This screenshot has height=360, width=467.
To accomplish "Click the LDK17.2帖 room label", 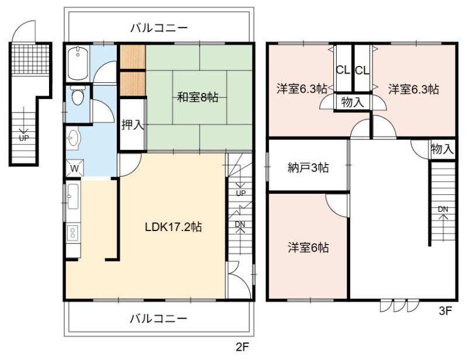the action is pyautogui.click(x=173, y=227).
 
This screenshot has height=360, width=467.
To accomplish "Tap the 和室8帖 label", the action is pyautogui.click(x=197, y=97).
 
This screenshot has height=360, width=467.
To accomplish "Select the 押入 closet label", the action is pyautogui.click(x=133, y=125).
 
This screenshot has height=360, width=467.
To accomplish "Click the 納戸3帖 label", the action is pyautogui.click(x=308, y=168).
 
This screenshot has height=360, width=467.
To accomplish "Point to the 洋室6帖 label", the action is pyautogui.click(x=308, y=248).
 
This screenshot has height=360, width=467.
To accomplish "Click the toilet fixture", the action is pyautogui.click(x=78, y=95).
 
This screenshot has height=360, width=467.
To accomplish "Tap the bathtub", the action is pyautogui.click(x=78, y=63).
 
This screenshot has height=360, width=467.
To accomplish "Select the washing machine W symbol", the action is pyautogui.click(x=75, y=168).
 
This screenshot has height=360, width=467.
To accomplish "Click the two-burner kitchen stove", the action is pyautogui.click(x=72, y=233).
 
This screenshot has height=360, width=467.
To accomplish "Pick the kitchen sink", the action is pyautogui.click(x=73, y=197).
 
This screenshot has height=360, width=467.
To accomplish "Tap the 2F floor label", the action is pyautogui.click(x=242, y=347).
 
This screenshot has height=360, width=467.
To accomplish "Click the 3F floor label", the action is pyautogui.click(x=445, y=311).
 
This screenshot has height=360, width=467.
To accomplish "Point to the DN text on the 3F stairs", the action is pyautogui.click(x=443, y=209).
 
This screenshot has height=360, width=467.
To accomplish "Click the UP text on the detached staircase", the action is pyautogui.click(x=24, y=138).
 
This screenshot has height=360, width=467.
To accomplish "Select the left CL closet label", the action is pyautogui.click(x=343, y=70).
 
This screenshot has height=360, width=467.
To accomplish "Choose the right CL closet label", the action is pyautogui.click(x=362, y=71).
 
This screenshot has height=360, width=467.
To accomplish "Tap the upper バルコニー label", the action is pyautogui.click(x=159, y=28).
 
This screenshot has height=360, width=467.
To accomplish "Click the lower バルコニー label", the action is pyautogui.click(x=159, y=319).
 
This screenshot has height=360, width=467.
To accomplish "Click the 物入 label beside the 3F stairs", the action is pyautogui.click(x=442, y=149).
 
